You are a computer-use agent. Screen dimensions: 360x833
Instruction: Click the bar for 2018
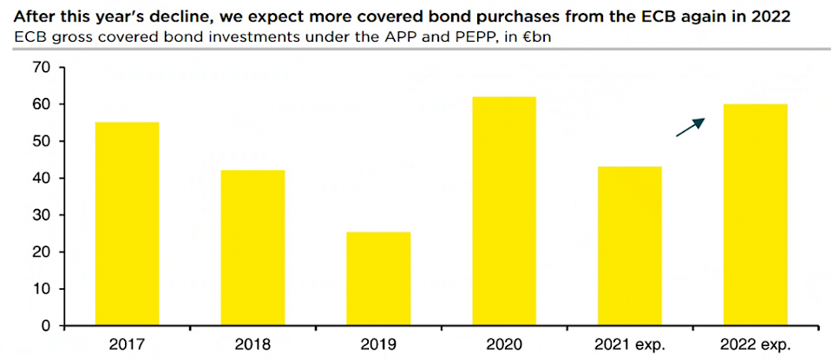253,248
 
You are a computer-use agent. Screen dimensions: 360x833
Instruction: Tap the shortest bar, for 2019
378,278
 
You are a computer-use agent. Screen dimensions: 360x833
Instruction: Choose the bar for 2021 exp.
630,246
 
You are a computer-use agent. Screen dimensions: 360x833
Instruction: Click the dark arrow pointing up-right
690,128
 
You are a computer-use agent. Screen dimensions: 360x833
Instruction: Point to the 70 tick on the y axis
41,68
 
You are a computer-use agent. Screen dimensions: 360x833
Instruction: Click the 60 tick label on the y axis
41,104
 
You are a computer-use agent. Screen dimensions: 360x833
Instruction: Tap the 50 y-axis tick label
41,141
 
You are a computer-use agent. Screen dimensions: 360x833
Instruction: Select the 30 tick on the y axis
41,215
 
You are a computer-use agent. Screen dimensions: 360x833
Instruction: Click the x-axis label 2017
127,344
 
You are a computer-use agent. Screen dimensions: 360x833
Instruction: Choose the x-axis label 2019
378,344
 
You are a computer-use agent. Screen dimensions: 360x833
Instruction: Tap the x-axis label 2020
504,344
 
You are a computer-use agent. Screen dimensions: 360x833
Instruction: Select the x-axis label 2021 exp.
630,344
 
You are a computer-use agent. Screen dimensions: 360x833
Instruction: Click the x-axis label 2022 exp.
756,344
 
